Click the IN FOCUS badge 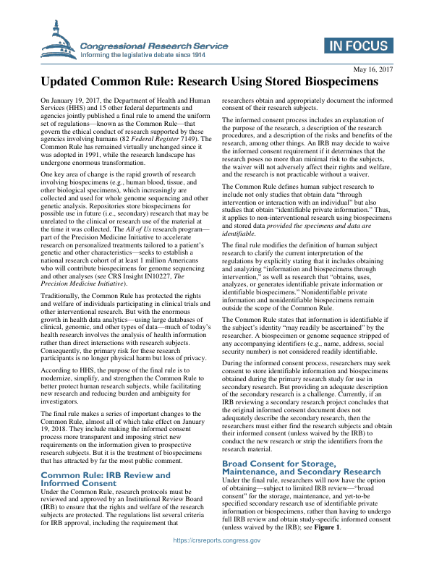(x=357, y=44)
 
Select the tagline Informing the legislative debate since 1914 (x=142, y=54)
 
